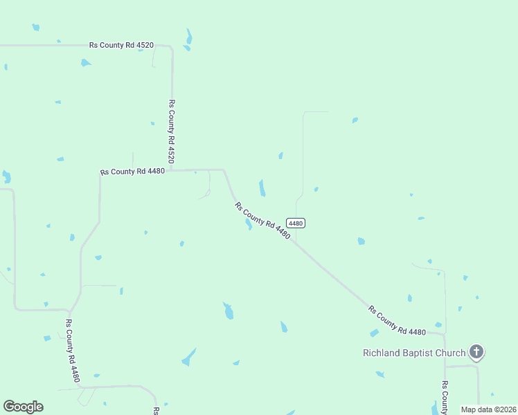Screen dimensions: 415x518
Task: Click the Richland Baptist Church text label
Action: (x=414, y=353)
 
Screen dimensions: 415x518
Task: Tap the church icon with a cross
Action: (x=476, y=352)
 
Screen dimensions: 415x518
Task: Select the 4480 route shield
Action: (x=296, y=223)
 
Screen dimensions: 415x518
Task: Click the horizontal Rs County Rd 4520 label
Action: (x=121, y=45)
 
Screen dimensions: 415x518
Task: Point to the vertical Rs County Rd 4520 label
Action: (x=171, y=131)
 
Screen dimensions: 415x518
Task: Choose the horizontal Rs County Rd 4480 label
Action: (x=132, y=171)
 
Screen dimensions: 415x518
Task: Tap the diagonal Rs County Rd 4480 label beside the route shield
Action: (x=262, y=220)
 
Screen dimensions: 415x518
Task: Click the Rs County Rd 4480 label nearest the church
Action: (x=397, y=319)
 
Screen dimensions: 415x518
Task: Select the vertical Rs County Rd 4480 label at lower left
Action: (x=73, y=351)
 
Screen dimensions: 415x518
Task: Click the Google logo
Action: (x=23, y=407)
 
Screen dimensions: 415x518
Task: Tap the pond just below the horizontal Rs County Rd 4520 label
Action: (x=85, y=63)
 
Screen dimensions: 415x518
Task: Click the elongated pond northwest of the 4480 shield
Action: (x=262, y=187)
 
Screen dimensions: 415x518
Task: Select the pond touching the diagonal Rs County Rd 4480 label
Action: (x=248, y=225)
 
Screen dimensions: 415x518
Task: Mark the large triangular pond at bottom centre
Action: (x=188, y=358)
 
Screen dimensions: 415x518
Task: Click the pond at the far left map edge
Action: (x=6, y=177)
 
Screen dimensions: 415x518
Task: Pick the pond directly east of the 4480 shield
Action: (x=361, y=241)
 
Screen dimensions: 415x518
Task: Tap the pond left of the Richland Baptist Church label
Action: (x=375, y=333)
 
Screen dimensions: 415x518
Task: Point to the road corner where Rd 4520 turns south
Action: (x=171, y=48)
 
